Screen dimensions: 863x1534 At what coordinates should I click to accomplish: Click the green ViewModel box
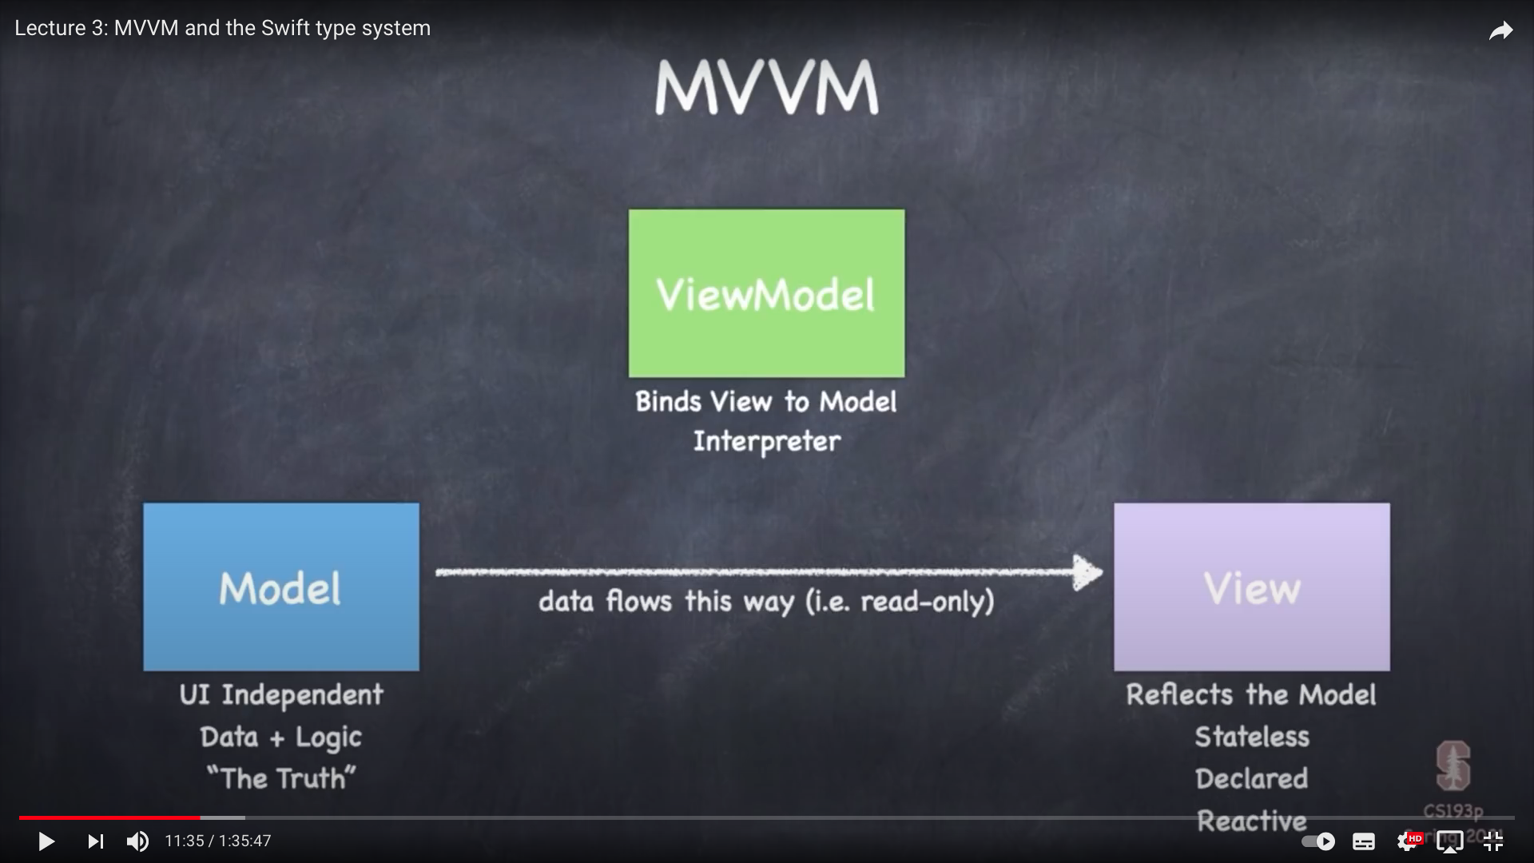(766, 293)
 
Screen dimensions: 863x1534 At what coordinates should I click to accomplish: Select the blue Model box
(281, 587)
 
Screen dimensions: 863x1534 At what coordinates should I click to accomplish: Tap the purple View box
(1251, 587)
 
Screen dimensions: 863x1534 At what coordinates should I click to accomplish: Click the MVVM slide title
(766, 87)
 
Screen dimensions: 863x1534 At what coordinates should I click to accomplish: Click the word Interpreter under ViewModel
(766, 441)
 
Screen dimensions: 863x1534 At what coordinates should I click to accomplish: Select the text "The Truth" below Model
(281, 778)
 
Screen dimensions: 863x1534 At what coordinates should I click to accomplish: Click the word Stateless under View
(1251, 737)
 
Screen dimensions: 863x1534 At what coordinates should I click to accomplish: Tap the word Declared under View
(1251, 778)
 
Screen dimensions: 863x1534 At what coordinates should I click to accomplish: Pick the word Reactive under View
(1251, 821)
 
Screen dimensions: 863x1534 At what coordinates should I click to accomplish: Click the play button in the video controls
(46, 841)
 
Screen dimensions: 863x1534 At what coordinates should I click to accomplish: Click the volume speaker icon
(137, 841)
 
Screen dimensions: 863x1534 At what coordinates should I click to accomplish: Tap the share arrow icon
(1501, 31)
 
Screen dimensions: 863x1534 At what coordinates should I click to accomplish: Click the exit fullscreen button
(1492, 841)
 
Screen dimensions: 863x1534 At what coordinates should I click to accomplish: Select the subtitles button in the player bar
(1363, 841)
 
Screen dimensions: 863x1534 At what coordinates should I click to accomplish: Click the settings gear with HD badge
(1408, 841)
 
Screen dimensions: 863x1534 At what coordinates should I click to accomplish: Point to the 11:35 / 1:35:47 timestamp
(218, 841)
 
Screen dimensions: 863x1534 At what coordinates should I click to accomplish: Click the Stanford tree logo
(1453, 766)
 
